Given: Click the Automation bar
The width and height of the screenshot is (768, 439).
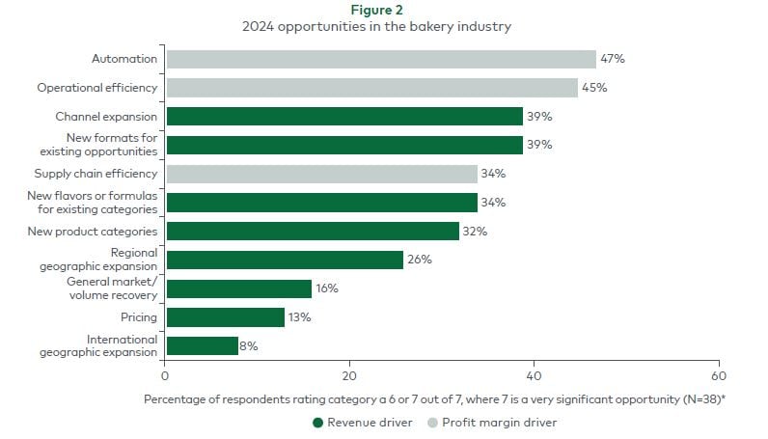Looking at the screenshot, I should pyautogui.click(x=381, y=59).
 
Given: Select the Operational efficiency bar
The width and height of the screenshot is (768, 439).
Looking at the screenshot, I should pyautogui.click(x=371, y=88).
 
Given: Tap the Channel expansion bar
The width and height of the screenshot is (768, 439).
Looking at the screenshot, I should pyautogui.click(x=344, y=117).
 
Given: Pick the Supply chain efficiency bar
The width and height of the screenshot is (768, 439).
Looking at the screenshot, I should pyautogui.click(x=321, y=174).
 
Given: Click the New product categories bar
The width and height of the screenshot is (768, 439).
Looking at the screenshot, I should pyautogui.click(x=313, y=231).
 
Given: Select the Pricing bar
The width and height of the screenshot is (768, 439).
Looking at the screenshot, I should pyautogui.click(x=226, y=316).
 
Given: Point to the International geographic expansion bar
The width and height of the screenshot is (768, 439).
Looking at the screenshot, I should pyautogui.click(x=203, y=345).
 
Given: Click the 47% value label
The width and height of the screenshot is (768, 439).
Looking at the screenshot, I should pyautogui.click(x=612, y=59).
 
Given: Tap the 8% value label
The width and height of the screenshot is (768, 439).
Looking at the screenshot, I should pyautogui.click(x=248, y=345).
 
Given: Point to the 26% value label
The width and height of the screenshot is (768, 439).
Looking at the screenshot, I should pyautogui.click(x=419, y=260).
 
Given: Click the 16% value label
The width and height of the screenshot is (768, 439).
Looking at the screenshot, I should pyautogui.click(x=326, y=288).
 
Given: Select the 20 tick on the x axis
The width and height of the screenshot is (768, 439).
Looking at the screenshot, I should pyautogui.click(x=349, y=375).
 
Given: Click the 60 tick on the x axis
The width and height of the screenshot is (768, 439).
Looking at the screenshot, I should pyautogui.click(x=718, y=375).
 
